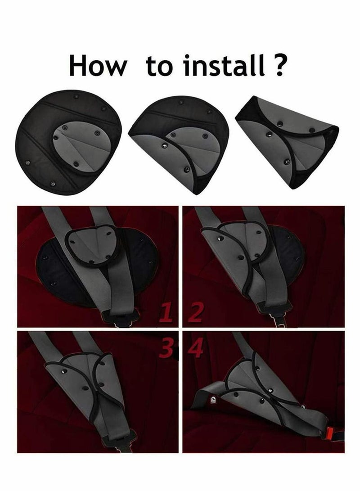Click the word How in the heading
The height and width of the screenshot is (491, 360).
click(98, 65)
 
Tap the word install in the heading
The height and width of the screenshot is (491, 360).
click(224, 65)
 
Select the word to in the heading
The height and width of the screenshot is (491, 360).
click(159, 67)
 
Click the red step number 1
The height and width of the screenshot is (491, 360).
click(166, 312)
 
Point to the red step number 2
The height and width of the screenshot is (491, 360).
click(196, 312)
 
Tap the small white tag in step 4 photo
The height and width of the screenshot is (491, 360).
click(213, 400)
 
